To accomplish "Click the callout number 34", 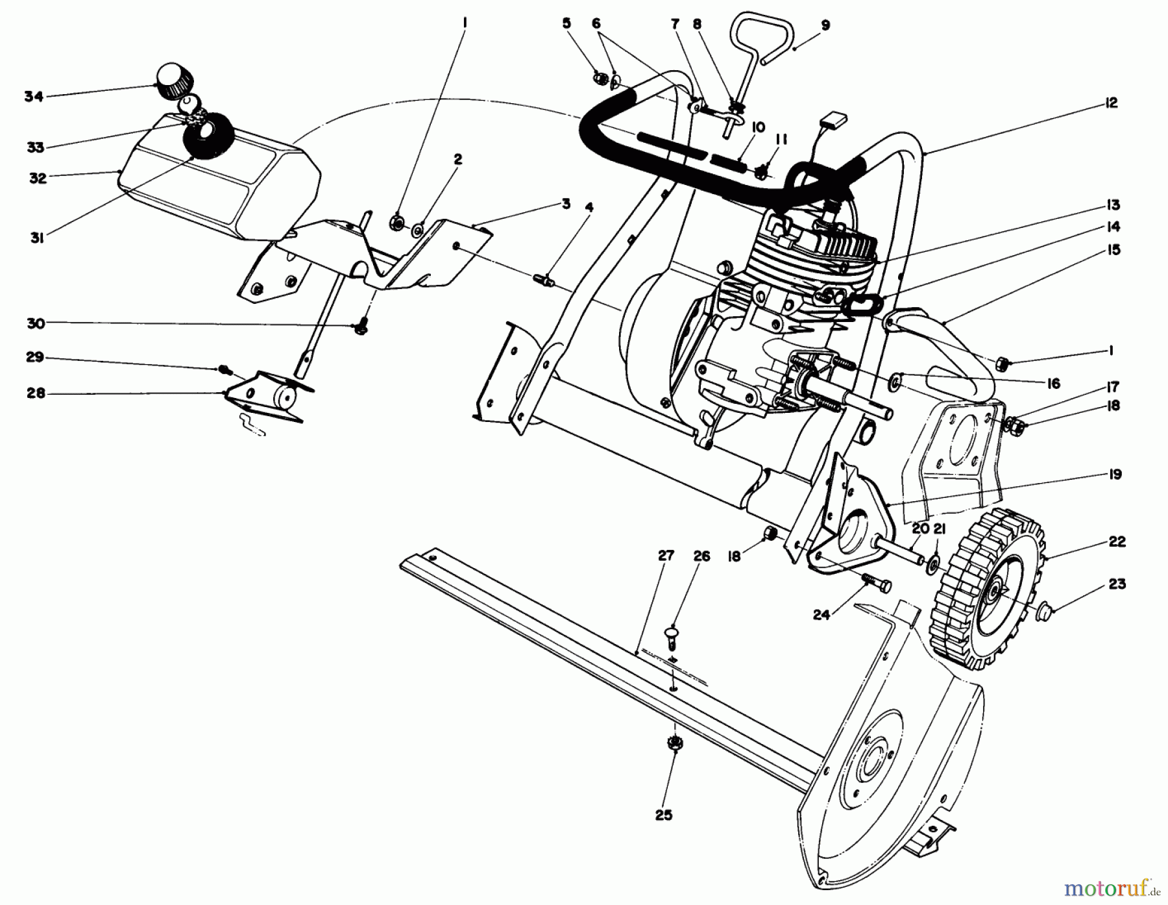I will [x=34, y=97].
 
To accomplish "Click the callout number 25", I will [x=664, y=815].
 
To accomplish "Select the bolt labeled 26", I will [x=672, y=634].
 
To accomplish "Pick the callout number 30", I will [x=36, y=323].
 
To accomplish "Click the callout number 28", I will [x=36, y=393].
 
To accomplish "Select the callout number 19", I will [x=1115, y=475].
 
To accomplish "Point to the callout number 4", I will [x=589, y=208].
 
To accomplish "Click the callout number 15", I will [x=1113, y=250].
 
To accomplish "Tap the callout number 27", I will [x=666, y=556].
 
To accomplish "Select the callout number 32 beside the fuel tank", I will [x=38, y=177].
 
